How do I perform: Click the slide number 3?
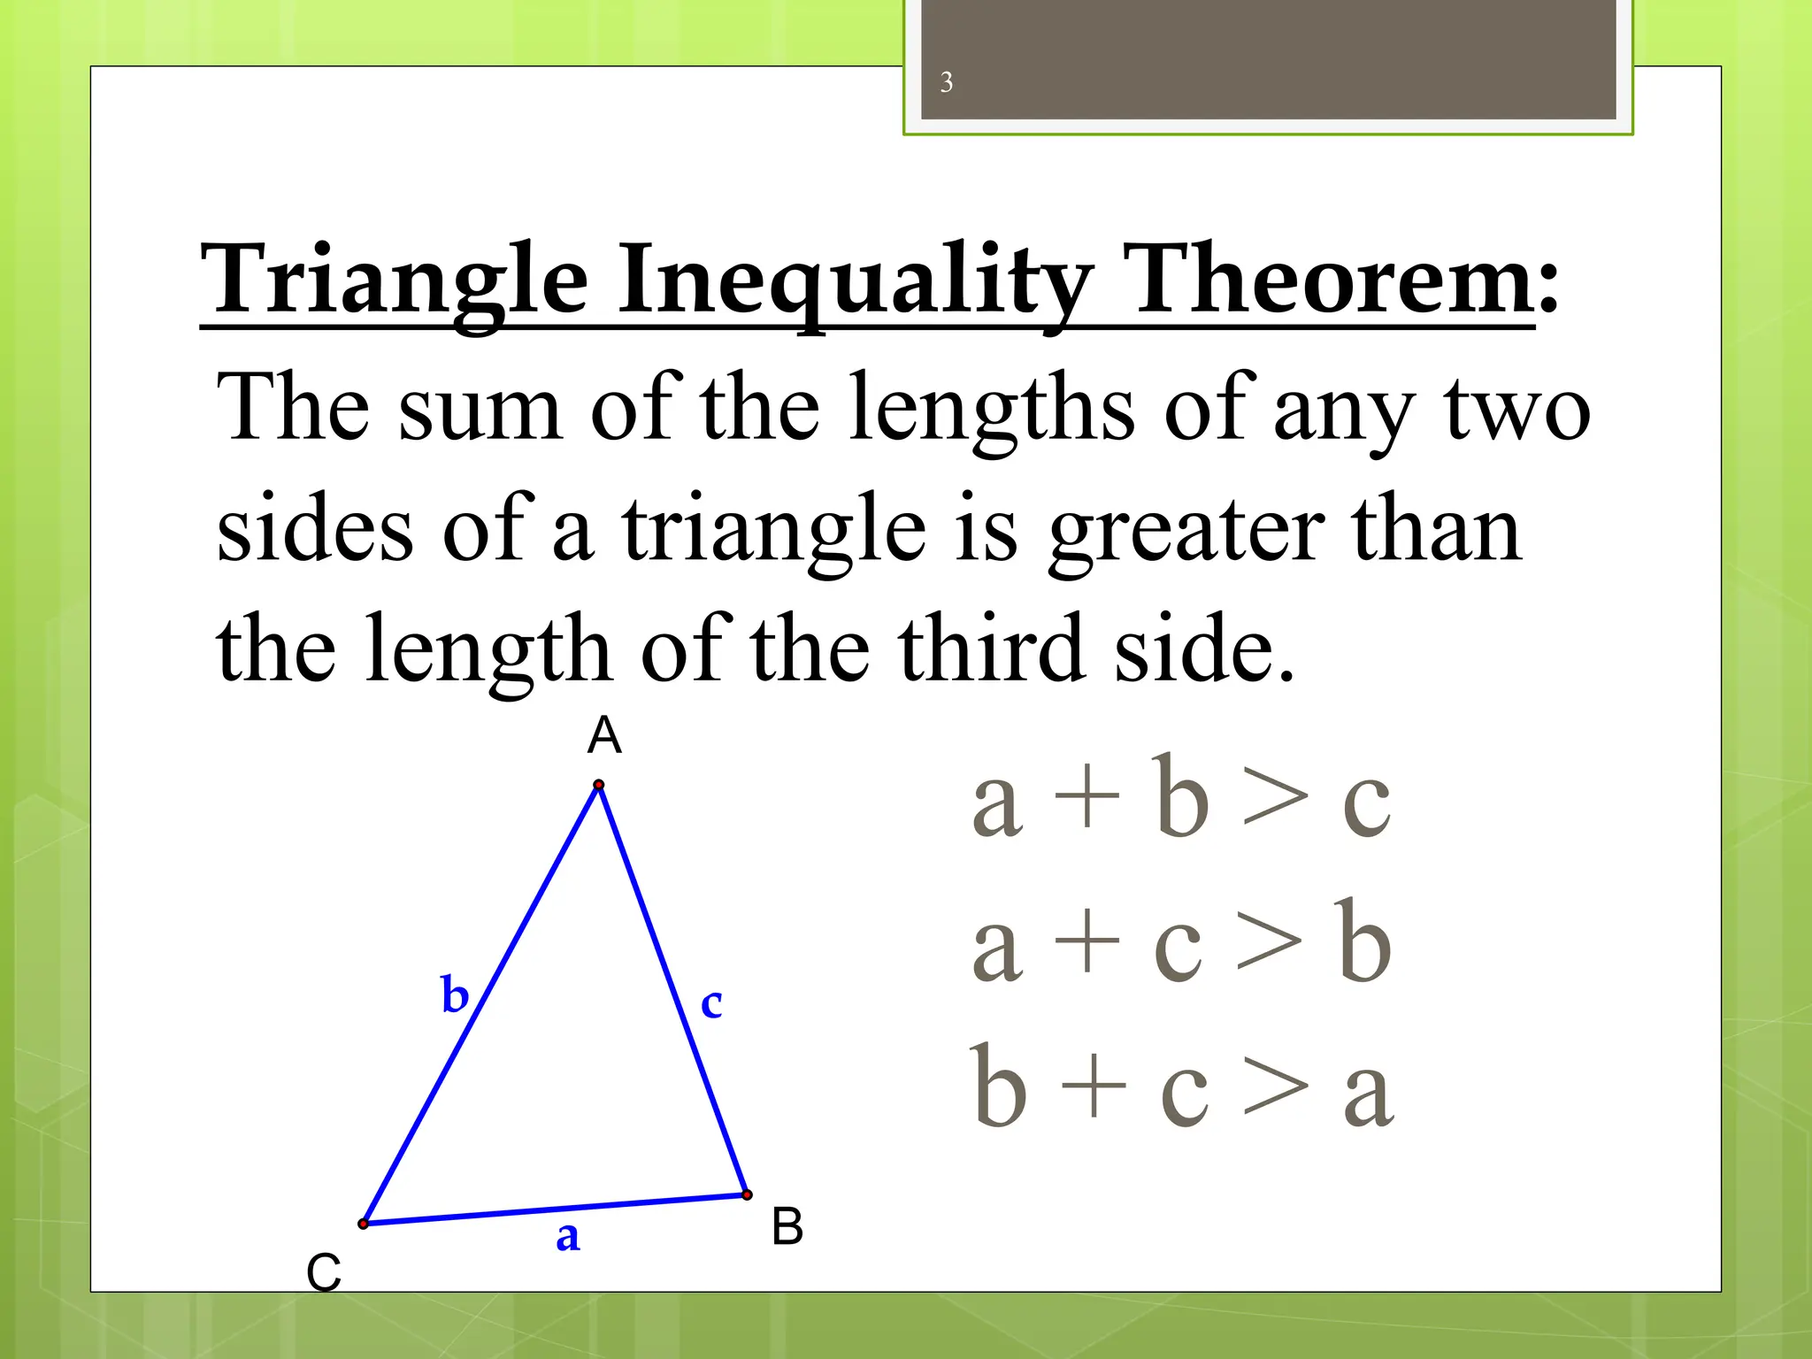click(x=946, y=82)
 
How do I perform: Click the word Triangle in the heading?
click(x=394, y=281)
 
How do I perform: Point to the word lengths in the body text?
click(x=991, y=409)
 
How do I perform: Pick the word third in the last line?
click(x=991, y=650)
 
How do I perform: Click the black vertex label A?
click(x=604, y=735)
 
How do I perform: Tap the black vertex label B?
click(x=787, y=1227)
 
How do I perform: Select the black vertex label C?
click(x=324, y=1273)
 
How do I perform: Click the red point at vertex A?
click(x=599, y=785)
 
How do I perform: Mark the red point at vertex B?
click(x=748, y=1194)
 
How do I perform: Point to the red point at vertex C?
click(x=363, y=1224)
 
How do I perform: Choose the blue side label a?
click(x=568, y=1236)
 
